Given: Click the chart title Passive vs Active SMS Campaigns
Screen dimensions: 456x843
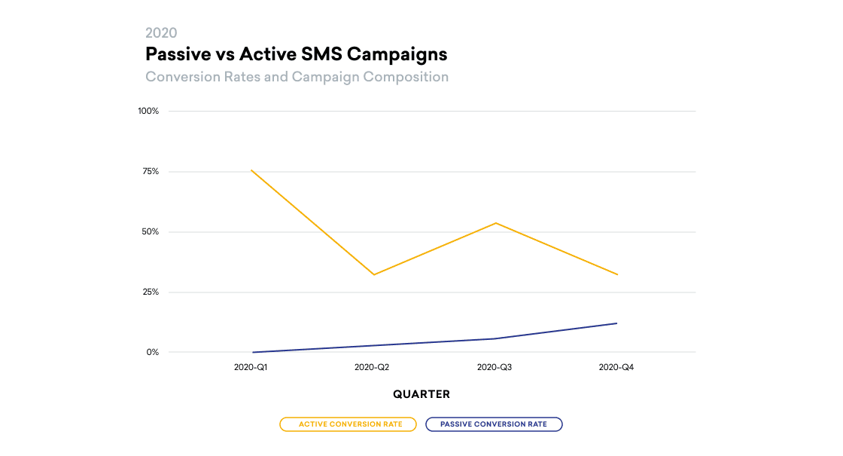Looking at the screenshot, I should tap(296, 54).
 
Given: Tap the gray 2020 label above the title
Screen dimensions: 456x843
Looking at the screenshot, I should tap(161, 32).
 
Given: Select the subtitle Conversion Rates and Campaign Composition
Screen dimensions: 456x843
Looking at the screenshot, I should tap(297, 77).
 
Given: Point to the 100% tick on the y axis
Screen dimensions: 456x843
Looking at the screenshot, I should tap(148, 111).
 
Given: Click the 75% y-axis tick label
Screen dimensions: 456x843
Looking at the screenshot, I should tap(150, 171).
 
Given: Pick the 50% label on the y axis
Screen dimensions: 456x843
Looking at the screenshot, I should tap(150, 231).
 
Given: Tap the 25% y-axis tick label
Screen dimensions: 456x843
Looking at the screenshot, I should tap(150, 292).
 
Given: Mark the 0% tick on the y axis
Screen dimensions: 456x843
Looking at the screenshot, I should tap(153, 352).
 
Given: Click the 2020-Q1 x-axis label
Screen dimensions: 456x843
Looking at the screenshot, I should tap(251, 367).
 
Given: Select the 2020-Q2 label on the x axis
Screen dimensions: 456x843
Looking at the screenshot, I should tap(373, 367).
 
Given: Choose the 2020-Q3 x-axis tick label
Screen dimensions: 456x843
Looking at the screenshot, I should tap(495, 367).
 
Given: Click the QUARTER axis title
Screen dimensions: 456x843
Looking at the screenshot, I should tap(421, 394).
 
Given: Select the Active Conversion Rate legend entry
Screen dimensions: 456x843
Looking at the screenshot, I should tap(348, 424).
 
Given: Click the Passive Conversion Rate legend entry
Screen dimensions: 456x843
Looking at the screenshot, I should tap(494, 424).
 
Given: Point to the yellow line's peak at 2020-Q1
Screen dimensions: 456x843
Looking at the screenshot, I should tap(251, 170).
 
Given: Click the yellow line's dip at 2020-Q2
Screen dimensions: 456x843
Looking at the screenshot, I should tap(373, 274).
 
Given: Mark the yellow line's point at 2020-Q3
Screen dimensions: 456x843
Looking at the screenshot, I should tap(495, 223).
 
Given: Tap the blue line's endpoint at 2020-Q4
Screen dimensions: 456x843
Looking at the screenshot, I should tap(617, 323).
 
